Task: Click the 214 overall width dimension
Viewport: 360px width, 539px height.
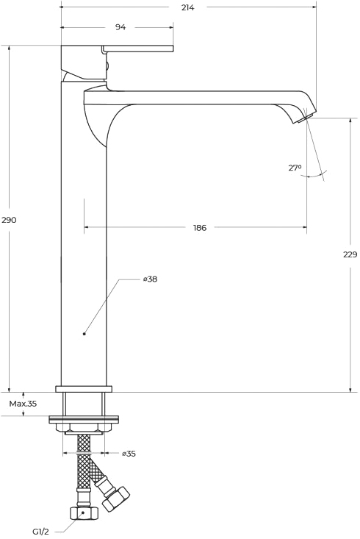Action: (187, 7)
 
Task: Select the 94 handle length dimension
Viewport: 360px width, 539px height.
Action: (120, 27)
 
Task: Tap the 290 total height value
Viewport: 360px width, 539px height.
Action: (9, 220)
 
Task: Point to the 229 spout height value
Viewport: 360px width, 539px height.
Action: (350, 254)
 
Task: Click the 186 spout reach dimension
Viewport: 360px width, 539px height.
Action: (200, 227)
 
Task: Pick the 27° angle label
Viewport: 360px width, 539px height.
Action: (295, 168)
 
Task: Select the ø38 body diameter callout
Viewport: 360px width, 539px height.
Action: (151, 279)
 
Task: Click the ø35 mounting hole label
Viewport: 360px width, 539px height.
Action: (129, 454)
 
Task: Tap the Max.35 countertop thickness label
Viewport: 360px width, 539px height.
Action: (23, 404)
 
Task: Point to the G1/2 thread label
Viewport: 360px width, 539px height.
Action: (40, 532)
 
